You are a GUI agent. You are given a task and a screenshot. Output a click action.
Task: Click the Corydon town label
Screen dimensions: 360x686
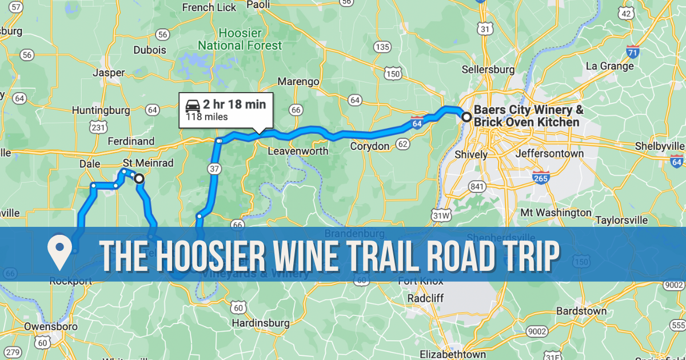point(369,146)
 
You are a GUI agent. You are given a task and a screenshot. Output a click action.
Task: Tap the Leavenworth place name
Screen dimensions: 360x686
point(298,151)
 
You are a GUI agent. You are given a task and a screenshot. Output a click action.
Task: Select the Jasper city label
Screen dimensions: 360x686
point(109,73)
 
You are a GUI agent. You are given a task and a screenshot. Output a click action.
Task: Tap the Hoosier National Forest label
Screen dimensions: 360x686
point(240,39)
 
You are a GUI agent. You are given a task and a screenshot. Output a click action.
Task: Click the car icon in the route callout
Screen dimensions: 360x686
point(192,105)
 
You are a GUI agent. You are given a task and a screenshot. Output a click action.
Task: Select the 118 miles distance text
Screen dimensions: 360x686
point(206,117)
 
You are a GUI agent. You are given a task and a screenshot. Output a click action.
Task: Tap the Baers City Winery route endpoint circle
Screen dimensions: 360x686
point(466,117)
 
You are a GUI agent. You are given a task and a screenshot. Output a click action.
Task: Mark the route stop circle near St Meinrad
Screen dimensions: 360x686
point(139,179)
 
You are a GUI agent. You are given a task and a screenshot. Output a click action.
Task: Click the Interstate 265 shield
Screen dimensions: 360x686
point(541,177)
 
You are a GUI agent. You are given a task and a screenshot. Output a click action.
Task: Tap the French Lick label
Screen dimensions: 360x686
point(209,7)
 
